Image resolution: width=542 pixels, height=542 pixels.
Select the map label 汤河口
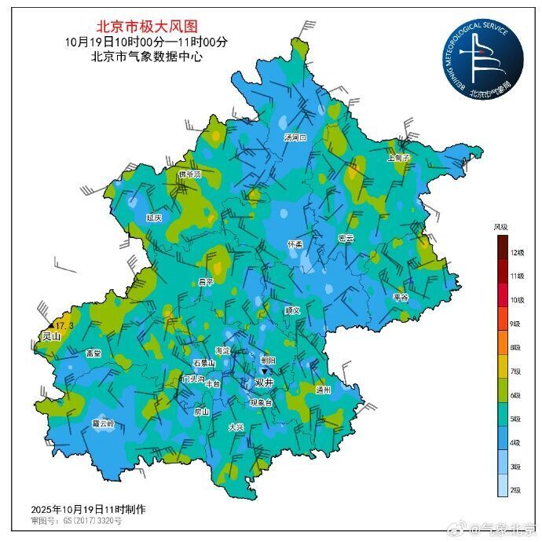[x=295, y=137]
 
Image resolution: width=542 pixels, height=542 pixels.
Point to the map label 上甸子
[x=399, y=157]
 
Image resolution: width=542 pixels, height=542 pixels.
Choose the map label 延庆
[x=154, y=218]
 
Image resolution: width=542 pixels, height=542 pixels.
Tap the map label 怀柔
[x=295, y=244]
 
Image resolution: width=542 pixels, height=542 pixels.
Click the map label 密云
[x=346, y=238]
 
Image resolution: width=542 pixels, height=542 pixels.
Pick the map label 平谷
[x=401, y=298]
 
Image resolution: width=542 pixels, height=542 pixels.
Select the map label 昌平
[x=206, y=281]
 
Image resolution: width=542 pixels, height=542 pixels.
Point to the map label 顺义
[x=292, y=310]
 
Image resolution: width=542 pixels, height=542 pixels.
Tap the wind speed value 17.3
[x=65, y=325]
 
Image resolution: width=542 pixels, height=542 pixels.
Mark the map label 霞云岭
[x=103, y=423]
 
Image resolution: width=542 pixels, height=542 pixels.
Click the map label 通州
[x=324, y=390]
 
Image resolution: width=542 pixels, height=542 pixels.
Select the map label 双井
[x=265, y=383]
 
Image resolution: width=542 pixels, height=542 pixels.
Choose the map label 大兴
[x=236, y=427]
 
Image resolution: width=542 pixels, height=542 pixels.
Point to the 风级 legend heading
[x=500, y=227]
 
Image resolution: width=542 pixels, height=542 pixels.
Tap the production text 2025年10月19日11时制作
[x=88, y=509]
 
